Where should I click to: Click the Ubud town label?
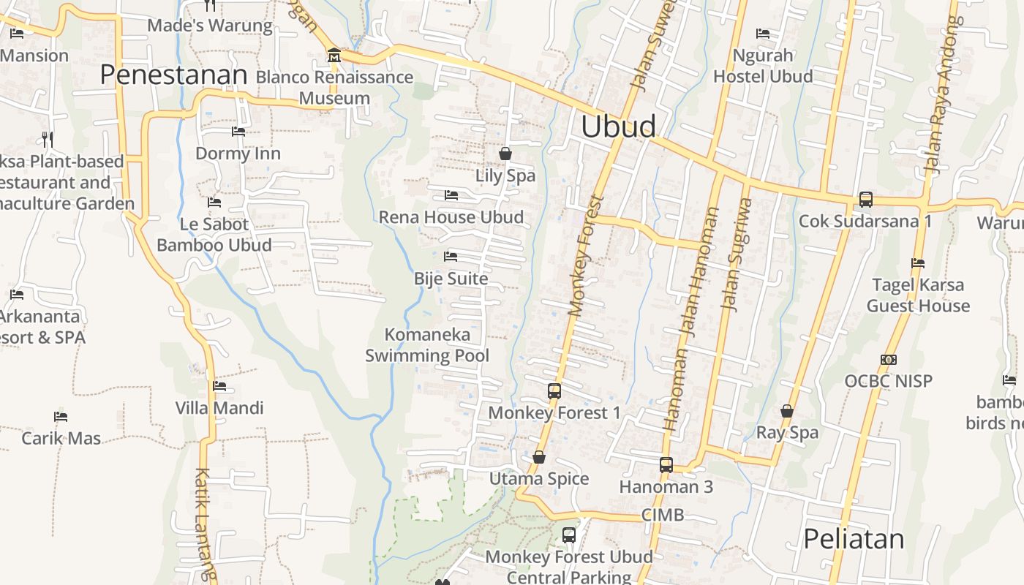click(619, 127)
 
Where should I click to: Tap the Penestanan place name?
click(174, 75)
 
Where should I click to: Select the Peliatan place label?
click(854, 539)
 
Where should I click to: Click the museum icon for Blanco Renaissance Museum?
click(334, 55)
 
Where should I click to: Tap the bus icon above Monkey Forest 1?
click(554, 391)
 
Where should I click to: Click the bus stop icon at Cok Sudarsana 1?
click(865, 199)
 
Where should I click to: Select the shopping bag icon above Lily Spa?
click(505, 154)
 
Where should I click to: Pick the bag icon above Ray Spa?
click(787, 411)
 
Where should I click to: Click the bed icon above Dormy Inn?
click(238, 132)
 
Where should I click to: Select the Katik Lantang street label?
click(206, 523)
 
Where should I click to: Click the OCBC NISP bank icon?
click(889, 360)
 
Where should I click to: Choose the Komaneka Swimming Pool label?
click(427, 345)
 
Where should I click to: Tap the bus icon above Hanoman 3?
click(666, 464)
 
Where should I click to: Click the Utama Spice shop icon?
click(539, 457)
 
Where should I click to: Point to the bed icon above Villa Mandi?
click(219, 386)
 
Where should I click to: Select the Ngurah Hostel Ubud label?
click(763, 66)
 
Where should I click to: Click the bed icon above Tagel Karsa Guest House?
click(918, 263)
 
